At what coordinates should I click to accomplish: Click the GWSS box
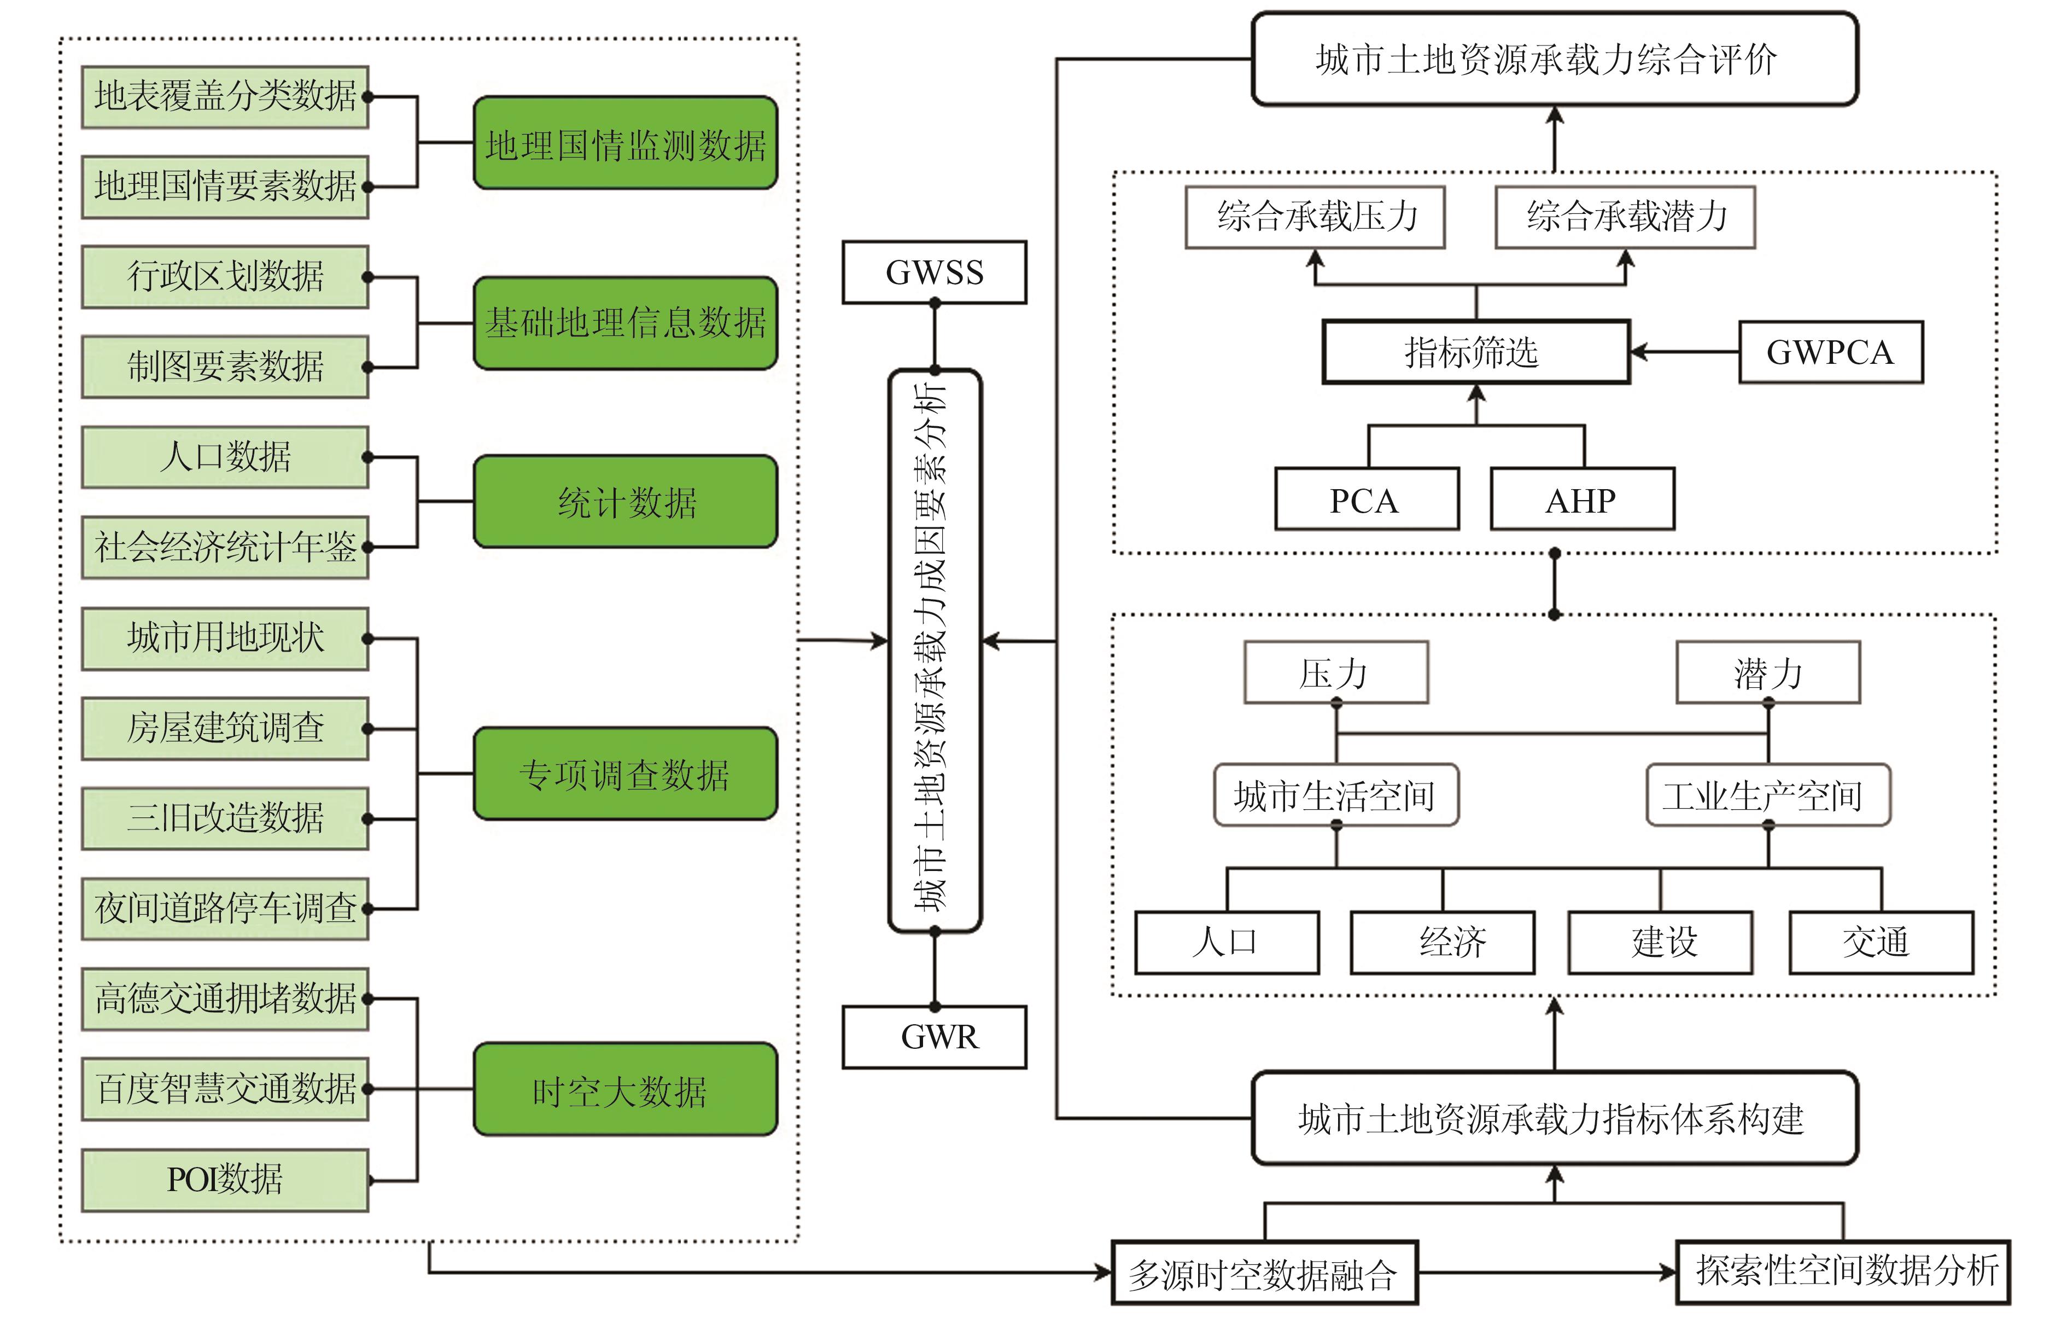934,272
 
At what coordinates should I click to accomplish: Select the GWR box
934,1037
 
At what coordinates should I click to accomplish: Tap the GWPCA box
1830,352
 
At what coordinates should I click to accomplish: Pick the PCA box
1367,499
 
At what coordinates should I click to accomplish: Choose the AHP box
1582,499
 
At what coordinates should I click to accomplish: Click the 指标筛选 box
1475,352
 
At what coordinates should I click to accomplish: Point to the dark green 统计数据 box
625,502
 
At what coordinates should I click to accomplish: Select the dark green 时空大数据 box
625,1090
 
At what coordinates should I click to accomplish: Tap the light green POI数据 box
225,1180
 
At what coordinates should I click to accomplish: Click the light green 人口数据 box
225,457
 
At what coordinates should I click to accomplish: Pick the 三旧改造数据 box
225,818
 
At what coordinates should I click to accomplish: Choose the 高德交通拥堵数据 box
225,998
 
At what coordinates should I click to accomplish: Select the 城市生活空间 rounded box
1336,795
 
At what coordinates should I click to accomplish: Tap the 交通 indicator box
1881,943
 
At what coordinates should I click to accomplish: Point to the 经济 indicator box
1442,943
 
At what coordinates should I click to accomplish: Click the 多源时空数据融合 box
1264,1273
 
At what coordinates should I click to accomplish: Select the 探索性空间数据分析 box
1842,1271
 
